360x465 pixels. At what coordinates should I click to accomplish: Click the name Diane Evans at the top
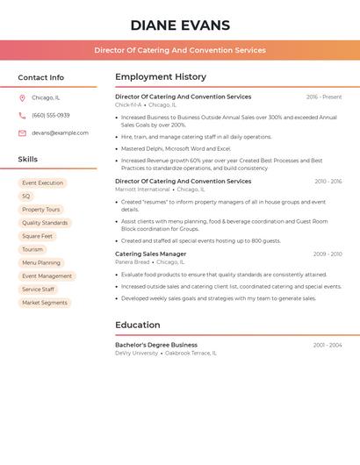pos(180,25)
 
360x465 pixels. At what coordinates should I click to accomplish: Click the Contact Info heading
pos(40,77)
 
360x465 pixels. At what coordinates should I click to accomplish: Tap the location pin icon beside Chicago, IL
pos(22,97)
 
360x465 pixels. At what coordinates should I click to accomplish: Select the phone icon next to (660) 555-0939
pos(22,115)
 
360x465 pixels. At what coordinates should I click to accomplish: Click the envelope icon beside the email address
pos(22,133)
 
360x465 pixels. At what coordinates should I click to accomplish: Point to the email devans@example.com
pos(60,133)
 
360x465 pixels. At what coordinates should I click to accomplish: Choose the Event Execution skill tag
pos(42,183)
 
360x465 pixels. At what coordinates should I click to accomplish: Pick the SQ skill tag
pos(26,197)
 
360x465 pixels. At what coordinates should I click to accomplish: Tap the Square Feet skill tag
pos(38,236)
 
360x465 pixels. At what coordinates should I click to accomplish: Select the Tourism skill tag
pos(32,249)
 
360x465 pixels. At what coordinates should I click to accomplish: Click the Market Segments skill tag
pos(45,303)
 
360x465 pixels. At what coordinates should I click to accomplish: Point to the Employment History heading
pos(161,77)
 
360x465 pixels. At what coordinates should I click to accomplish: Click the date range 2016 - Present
pos(324,97)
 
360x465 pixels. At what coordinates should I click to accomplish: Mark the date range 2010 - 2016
pos(328,182)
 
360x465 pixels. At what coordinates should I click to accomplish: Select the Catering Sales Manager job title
pos(151,254)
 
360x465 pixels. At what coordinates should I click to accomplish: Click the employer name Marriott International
pos(142,190)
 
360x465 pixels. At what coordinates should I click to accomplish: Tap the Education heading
pos(137,325)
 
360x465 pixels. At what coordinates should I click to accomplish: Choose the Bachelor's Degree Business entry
pos(156,345)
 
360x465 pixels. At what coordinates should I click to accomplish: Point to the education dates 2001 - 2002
pos(328,345)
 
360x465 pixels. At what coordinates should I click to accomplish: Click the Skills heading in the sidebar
pos(28,160)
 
